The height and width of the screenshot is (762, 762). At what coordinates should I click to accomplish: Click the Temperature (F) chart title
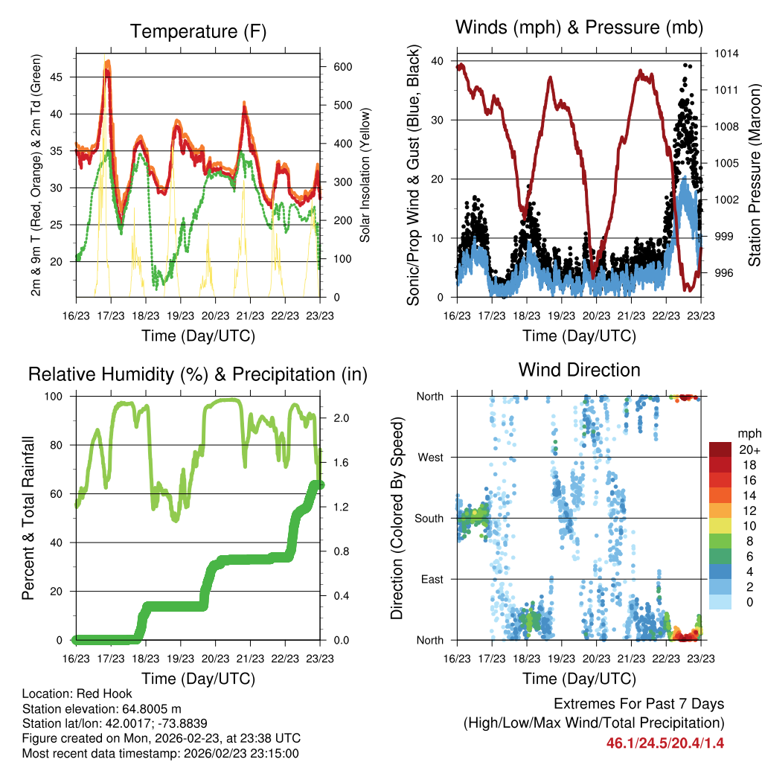[x=198, y=31]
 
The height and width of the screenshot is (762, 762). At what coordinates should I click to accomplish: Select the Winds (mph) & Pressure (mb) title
[x=580, y=28]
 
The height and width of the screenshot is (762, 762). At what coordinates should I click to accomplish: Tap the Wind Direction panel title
[x=580, y=369]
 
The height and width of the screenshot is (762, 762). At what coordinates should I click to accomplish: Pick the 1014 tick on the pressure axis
[x=726, y=54]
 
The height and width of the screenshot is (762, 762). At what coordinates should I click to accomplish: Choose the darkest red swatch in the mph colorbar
[x=723, y=449]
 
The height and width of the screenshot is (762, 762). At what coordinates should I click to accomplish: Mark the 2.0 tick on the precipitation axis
[x=339, y=418]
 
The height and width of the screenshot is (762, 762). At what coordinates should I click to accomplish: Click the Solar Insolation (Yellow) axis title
[x=365, y=176]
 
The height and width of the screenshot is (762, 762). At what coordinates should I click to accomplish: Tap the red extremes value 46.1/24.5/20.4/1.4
[x=665, y=743]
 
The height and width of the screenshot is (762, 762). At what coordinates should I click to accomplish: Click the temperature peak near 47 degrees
[x=108, y=63]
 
